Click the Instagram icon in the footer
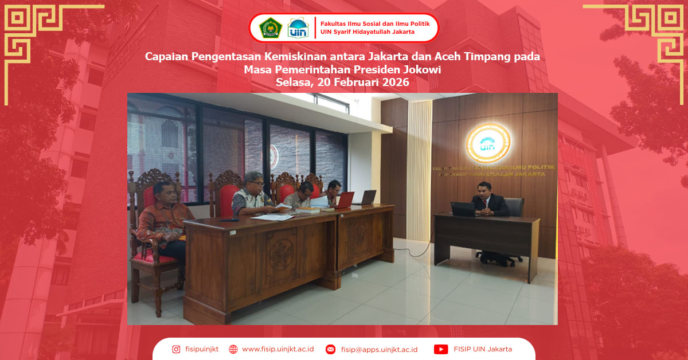[176, 349]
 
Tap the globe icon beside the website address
[233, 349]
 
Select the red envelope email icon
[330, 349]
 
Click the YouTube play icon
[441, 349]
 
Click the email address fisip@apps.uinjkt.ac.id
[379, 349]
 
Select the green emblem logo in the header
[271, 28]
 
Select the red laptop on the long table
[345, 199]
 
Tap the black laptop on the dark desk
[463, 209]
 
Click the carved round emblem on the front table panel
[282, 253]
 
